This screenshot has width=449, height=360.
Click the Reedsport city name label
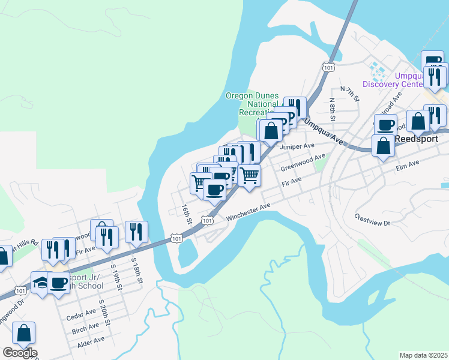tap(418, 137)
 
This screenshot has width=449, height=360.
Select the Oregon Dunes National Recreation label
tap(252, 103)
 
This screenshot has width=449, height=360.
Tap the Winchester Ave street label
tap(249, 215)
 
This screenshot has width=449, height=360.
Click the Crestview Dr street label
tap(372, 220)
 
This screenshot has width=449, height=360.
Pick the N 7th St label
tap(349, 93)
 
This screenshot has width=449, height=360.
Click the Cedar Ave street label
tap(81, 313)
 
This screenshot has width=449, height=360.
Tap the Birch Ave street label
tap(85, 326)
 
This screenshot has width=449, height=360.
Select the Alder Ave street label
tap(91, 340)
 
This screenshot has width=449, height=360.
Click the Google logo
tap(19, 353)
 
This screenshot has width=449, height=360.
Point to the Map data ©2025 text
tap(423, 355)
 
